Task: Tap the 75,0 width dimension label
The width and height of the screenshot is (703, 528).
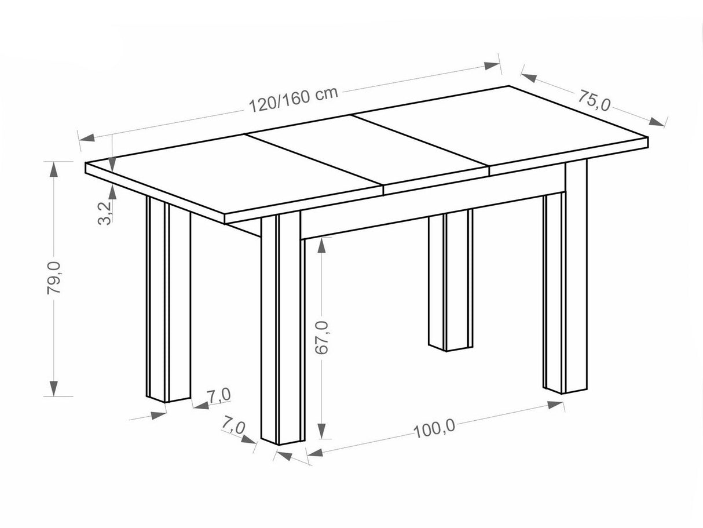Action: [594, 100]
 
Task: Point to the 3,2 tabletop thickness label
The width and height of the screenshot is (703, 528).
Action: [105, 213]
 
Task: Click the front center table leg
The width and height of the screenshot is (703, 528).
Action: [283, 329]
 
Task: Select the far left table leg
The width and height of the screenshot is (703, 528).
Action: [169, 300]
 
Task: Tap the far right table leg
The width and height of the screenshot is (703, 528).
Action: [565, 277]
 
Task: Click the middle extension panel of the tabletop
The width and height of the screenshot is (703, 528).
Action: [367, 151]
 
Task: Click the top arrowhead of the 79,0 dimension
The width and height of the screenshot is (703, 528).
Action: [54, 169]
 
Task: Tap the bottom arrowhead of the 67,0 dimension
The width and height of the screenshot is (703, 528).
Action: [321, 431]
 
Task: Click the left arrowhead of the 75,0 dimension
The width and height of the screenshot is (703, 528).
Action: [529, 77]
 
